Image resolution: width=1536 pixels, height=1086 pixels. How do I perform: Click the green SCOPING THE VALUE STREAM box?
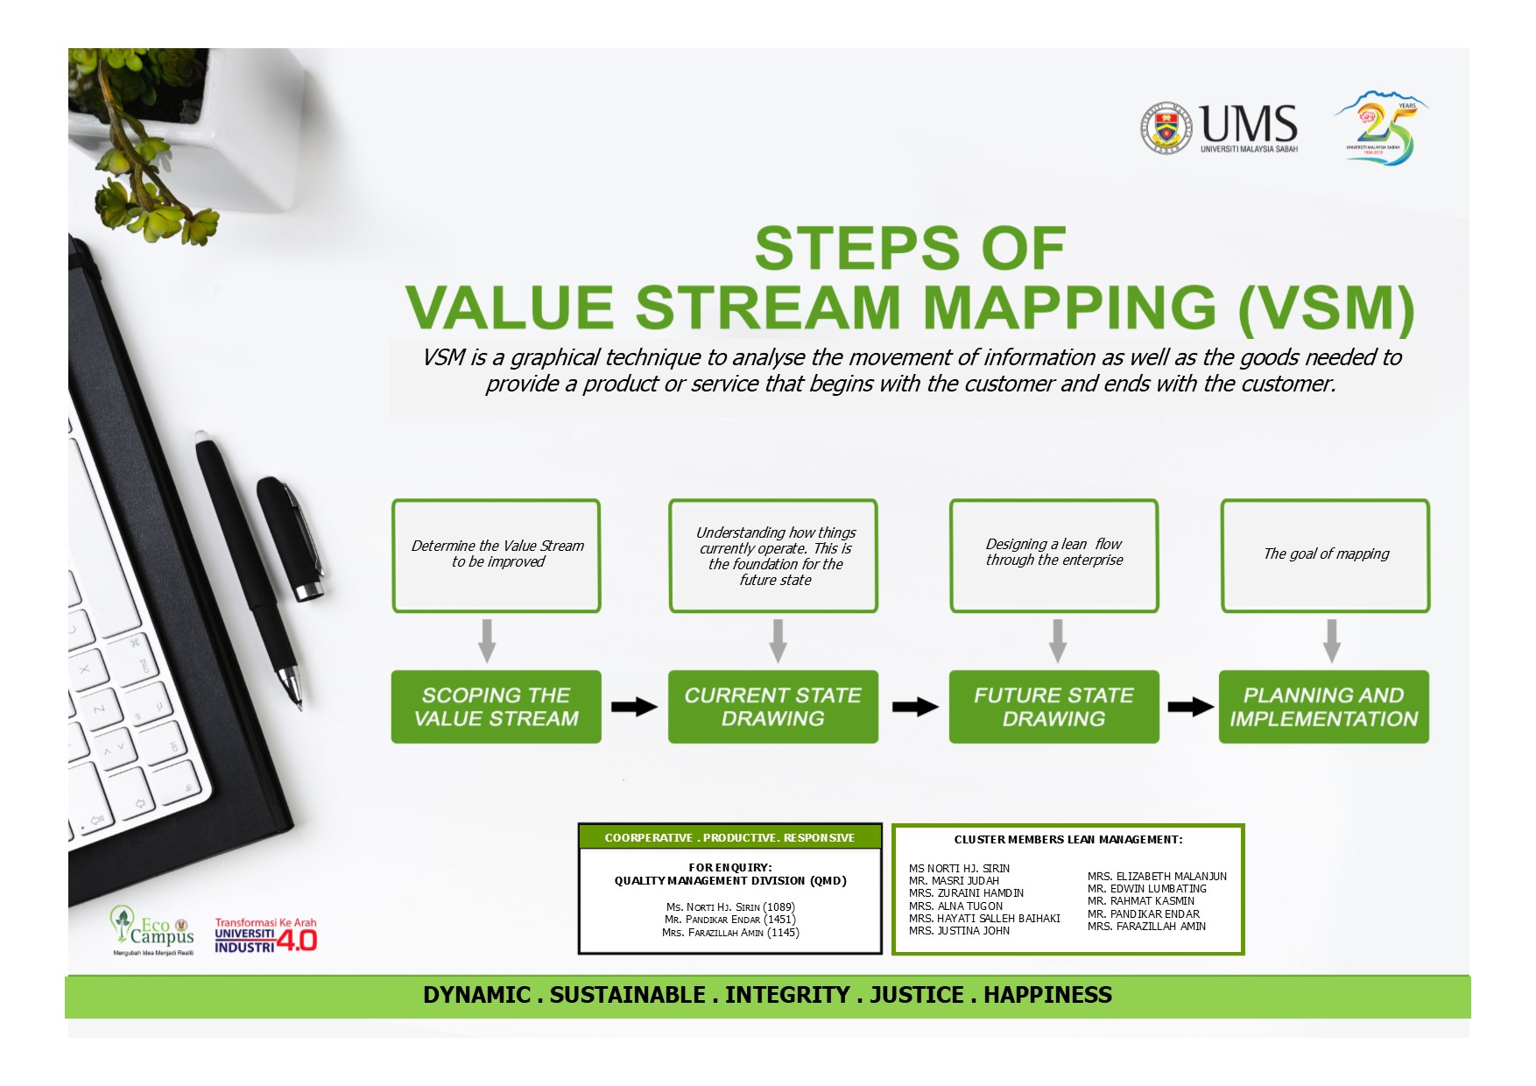tap(496, 707)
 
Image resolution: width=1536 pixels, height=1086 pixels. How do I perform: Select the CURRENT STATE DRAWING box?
tap(773, 707)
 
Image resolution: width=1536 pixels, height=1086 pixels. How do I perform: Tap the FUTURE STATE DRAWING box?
tap(1054, 707)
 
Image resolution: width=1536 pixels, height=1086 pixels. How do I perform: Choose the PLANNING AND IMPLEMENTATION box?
tap(1324, 707)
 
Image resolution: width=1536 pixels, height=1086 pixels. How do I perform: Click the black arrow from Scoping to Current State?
tap(634, 707)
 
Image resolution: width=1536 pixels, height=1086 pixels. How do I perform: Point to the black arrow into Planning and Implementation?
tap(1191, 707)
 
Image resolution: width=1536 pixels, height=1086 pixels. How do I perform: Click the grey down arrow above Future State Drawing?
tap(1058, 641)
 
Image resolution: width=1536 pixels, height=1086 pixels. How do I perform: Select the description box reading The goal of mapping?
tap(1325, 556)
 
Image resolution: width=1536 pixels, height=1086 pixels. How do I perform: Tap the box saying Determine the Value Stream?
tap(497, 556)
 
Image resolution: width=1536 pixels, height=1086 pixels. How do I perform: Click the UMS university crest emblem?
tap(1166, 129)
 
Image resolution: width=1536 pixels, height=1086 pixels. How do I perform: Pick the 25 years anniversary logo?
tap(1381, 128)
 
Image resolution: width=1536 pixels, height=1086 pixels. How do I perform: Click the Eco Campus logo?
tap(153, 931)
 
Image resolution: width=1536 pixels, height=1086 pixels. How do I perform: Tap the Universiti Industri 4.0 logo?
tap(265, 935)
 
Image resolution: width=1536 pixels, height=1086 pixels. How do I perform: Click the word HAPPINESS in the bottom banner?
tap(1047, 995)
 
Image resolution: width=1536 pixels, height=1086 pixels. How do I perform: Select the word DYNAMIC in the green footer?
tap(476, 995)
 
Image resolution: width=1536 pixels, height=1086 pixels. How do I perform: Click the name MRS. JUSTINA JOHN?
tap(959, 931)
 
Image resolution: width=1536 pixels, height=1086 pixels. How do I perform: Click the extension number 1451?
tap(779, 920)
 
